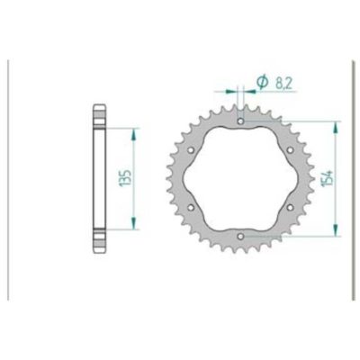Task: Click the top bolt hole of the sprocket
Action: point(240,121)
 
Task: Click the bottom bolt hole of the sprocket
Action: point(240,237)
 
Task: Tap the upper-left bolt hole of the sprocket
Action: point(191,149)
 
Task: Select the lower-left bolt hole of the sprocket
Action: point(191,208)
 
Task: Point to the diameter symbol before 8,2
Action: point(262,82)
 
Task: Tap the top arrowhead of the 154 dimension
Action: point(337,123)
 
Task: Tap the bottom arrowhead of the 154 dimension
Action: point(337,233)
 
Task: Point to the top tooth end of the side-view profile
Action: point(97,112)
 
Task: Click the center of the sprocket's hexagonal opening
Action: point(240,178)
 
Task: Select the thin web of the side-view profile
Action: point(97,178)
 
